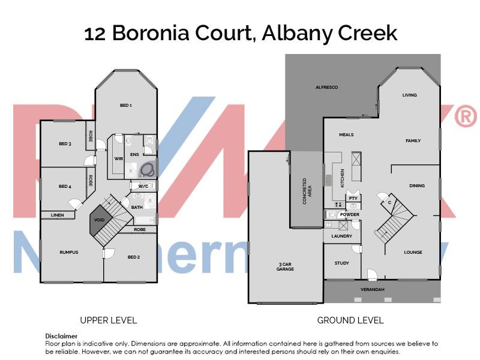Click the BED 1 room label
(x=125, y=106)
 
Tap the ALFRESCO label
(x=327, y=88)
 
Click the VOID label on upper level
(x=99, y=220)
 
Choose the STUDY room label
(x=341, y=263)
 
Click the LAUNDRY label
(x=342, y=236)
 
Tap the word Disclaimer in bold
(x=61, y=336)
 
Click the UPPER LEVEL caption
(x=109, y=320)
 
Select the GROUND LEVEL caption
(x=350, y=320)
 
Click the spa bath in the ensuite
(x=148, y=169)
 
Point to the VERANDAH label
(x=372, y=290)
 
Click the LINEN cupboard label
(x=57, y=215)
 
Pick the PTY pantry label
(x=353, y=197)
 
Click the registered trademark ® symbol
(x=466, y=117)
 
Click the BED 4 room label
(x=65, y=187)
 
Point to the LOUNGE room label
(x=413, y=253)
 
